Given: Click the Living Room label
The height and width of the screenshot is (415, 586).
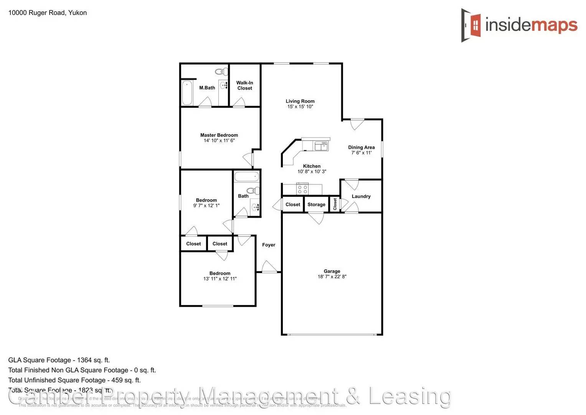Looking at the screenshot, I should click(x=300, y=101).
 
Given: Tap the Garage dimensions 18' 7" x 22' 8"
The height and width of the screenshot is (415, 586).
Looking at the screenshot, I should click(x=332, y=277).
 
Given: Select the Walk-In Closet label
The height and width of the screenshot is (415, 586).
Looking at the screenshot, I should click(x=244, y=85).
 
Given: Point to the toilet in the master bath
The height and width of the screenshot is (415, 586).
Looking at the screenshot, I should click(x=221, y=71).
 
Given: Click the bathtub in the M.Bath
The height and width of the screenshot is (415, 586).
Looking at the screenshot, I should click(x=187, y=93).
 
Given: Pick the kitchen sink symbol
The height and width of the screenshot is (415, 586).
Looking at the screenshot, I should click(x=321, y=146).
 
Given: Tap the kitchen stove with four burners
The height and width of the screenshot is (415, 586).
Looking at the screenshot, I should click(x=302, y=189).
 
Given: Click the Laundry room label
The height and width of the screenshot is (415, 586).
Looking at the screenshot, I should click(x=361, y=196).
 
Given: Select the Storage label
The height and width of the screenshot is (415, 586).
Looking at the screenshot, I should click(x=316, y=204).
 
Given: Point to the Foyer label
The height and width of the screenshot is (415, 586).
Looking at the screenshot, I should click(x=269, y=245).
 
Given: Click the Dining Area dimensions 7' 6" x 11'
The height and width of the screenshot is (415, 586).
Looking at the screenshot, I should click(x=362, y=153).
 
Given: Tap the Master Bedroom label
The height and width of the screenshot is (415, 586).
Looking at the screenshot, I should click(x=219, y=135).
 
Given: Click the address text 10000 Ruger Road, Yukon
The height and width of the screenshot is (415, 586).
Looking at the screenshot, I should click(x=48, y=13).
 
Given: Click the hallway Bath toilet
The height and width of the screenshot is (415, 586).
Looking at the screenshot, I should click(x=253, y=191).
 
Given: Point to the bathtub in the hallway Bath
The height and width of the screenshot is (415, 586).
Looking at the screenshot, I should click(x=247, y=177).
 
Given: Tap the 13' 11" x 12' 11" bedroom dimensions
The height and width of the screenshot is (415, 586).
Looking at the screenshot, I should click(x=220, y=279).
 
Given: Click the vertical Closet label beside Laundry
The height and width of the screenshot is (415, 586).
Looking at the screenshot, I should click(x=335, y=204).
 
